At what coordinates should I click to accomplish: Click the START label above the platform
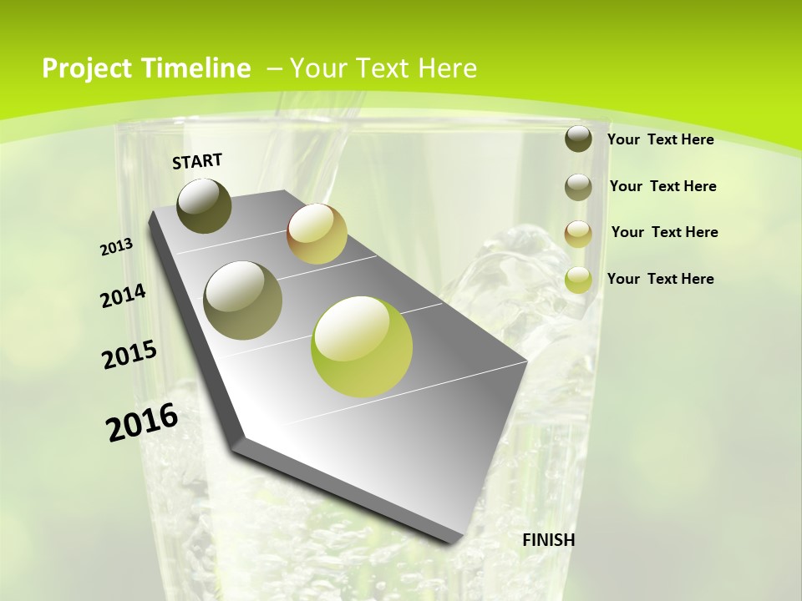(197, 161)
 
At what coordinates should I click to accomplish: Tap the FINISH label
(548, 540)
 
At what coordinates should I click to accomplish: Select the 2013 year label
(117, 247)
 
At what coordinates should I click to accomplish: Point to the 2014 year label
(123, 295)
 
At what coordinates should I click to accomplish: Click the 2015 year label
(129, 355)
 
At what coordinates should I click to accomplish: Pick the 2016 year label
(142, 422)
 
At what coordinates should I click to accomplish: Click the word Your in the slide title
(316, 68)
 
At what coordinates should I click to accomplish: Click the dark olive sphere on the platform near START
(204, 205)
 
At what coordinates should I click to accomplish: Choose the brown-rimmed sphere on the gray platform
(317, 234)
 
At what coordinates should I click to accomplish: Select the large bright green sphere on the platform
(362, 346)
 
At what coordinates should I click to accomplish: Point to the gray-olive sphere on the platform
(242, 300)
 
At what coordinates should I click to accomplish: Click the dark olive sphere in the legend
(578, 139)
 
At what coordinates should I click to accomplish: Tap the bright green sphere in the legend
(578, 280)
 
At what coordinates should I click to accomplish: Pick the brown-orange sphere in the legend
(578, 234)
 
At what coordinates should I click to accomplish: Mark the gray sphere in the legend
(578, 187)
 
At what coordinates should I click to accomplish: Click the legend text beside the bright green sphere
(660, 279)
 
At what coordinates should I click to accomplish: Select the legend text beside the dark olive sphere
(660, 139)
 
